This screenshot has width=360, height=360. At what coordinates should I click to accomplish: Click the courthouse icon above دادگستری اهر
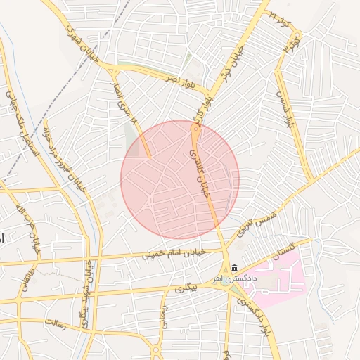pyautogui.click(x=234, y=267)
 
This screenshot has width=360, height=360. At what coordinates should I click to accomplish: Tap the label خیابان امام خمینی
pyautogui.click(x=173, y=252)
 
